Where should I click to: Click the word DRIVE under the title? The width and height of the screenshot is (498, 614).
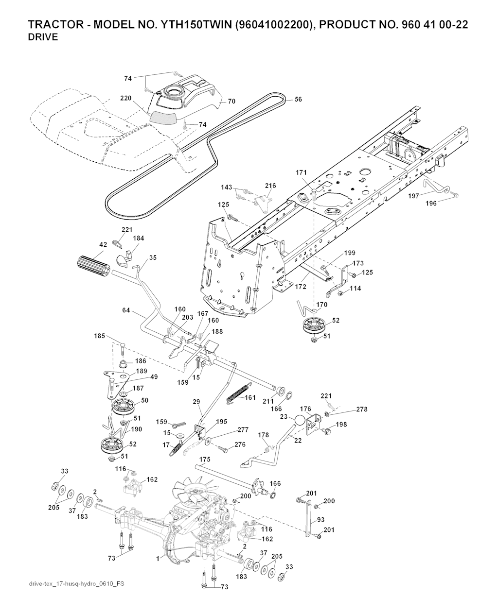pyautogui.click(x=43, y=37)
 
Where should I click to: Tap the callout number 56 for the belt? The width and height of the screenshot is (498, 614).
pyautogui.click(x=298, y=99)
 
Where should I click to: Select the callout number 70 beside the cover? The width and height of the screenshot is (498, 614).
pyautogui.click(x=231, y=102)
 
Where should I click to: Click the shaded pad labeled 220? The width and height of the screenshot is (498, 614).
pyautogui.click(x=163, y=115)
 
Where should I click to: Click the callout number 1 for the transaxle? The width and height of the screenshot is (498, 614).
pyautogui.click(x=158, y=559)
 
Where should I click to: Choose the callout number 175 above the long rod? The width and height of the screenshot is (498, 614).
pyautogui.click(x=205, y=459)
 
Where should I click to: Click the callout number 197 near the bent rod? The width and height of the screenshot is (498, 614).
pyautogui.click(x=413, y=196)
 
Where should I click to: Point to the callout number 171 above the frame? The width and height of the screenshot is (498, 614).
pyautogui.click(x=302, y=172)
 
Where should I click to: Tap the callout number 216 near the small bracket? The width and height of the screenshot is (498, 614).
pyautogui.click(x=270, y=186)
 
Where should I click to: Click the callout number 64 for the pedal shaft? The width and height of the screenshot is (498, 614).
pyautogui.click(x=126, y=310)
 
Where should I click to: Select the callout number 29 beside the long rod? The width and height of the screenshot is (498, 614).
pyautogui.click(x=196, y=402)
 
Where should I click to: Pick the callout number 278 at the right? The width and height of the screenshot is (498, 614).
pyautogui.click(x=361, y=409)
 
